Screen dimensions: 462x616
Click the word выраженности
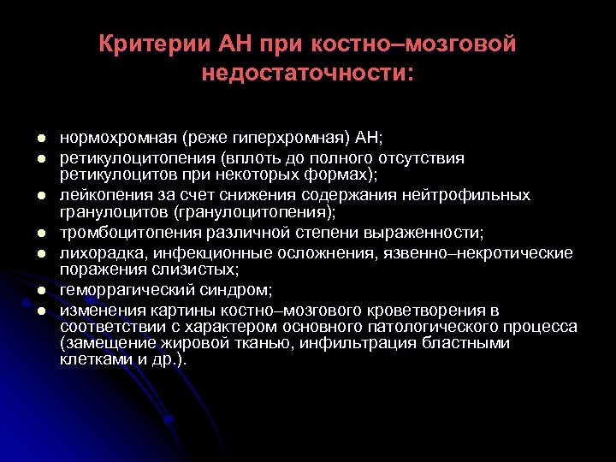tap(431, 232)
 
